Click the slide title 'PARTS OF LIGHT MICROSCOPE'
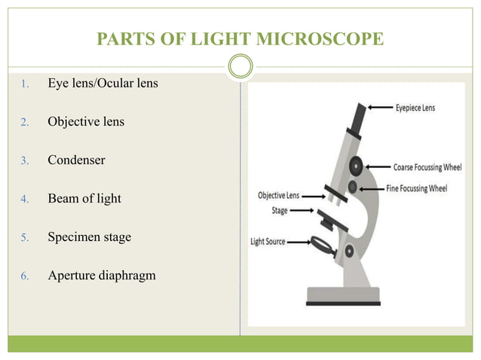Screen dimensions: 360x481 [240, 37]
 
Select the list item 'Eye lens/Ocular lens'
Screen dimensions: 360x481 [103, 82]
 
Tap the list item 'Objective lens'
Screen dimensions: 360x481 [86, 121]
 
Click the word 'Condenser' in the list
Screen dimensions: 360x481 [76, 160]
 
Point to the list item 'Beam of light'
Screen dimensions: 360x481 [84, 199]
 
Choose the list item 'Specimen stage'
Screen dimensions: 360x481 [89, 237]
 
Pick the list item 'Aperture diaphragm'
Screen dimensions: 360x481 [102, 276]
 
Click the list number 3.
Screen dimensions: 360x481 [24, 160]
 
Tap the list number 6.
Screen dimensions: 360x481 [24, 276]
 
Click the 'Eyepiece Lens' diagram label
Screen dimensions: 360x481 [415, 108]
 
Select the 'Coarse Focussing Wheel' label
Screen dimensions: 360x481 [427, 166]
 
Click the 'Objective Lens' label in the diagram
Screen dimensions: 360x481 [278, 195]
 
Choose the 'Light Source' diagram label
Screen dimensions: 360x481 [268, 242]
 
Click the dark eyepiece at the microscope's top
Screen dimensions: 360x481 [357, 117]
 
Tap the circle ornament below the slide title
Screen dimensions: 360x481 [240, 66]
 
